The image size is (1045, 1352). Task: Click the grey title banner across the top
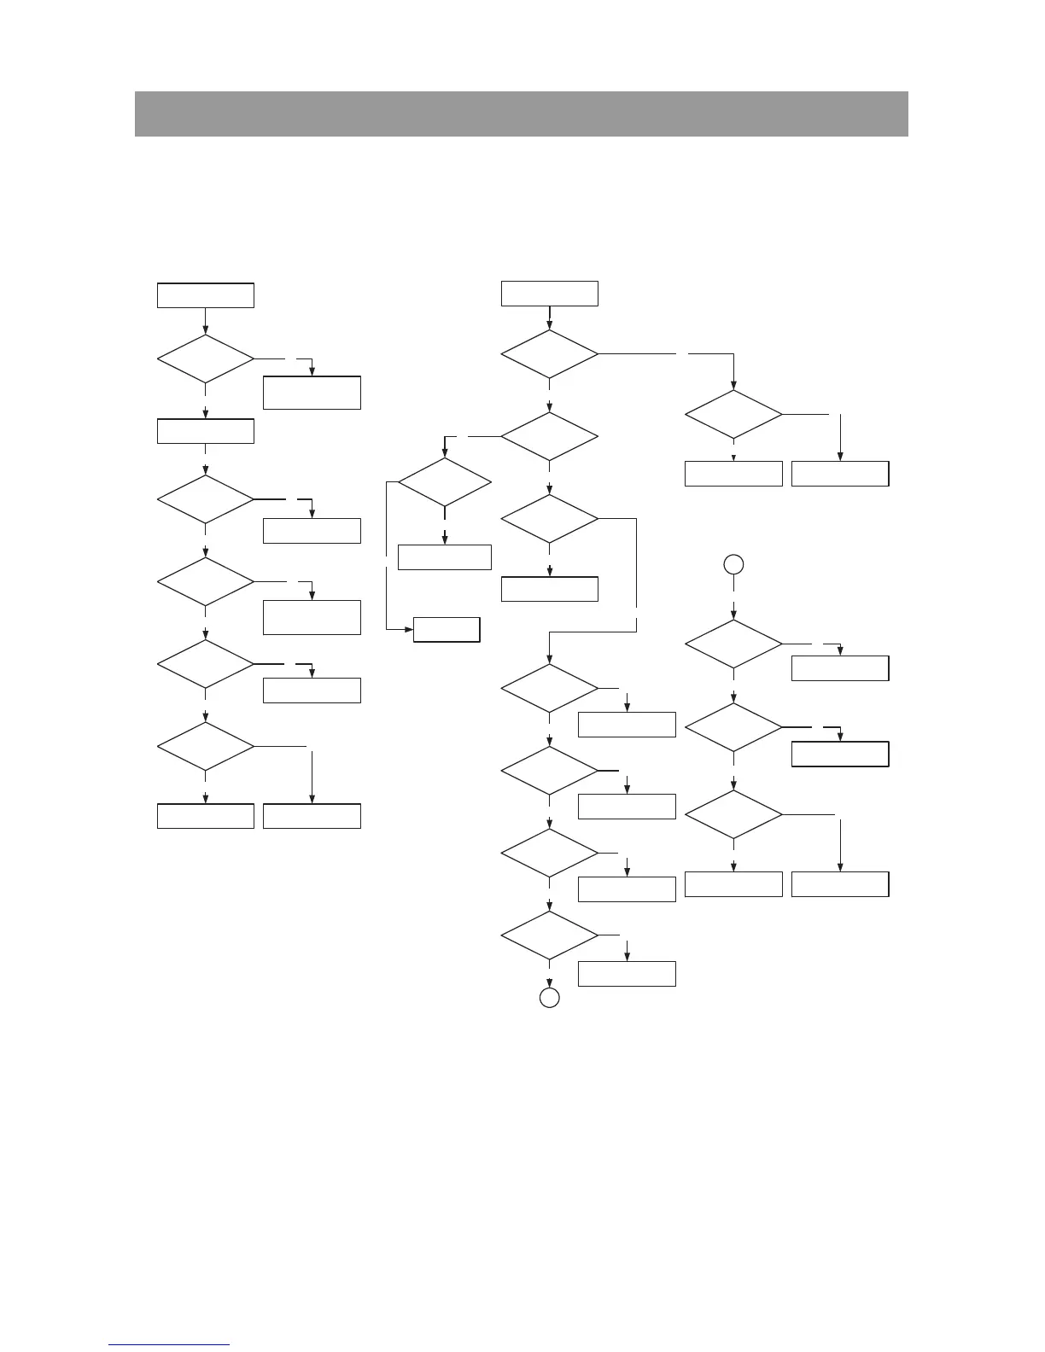(521, 114)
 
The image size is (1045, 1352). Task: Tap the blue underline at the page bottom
(169, 1344)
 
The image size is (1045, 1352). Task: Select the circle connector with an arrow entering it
(550, 998)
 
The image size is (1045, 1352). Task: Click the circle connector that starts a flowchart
(733, 564)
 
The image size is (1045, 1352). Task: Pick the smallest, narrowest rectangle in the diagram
(447, 630)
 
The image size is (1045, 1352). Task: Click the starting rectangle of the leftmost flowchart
(206, 295)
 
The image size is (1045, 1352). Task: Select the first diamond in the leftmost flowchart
(206, 358)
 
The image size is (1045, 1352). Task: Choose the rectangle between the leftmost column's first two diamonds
(206, 431)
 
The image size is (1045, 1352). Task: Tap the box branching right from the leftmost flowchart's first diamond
(312, 393)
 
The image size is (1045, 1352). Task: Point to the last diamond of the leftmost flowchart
(206, 747)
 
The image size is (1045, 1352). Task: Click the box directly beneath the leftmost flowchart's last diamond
(206, 816)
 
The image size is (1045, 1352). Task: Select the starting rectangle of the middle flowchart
(550, 294)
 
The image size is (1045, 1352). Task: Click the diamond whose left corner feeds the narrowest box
(445, 482)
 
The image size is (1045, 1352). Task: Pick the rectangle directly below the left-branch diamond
(445, 557)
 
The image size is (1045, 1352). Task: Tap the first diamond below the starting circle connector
(733, 644)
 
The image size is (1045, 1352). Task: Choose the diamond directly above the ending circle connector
(550, 935)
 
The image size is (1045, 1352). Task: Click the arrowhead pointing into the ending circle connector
(550, 983)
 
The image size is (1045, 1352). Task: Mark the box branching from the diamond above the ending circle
(627, 974)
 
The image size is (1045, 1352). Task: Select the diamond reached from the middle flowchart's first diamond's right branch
(733, 415)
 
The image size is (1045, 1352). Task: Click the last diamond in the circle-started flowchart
(733, 814)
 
